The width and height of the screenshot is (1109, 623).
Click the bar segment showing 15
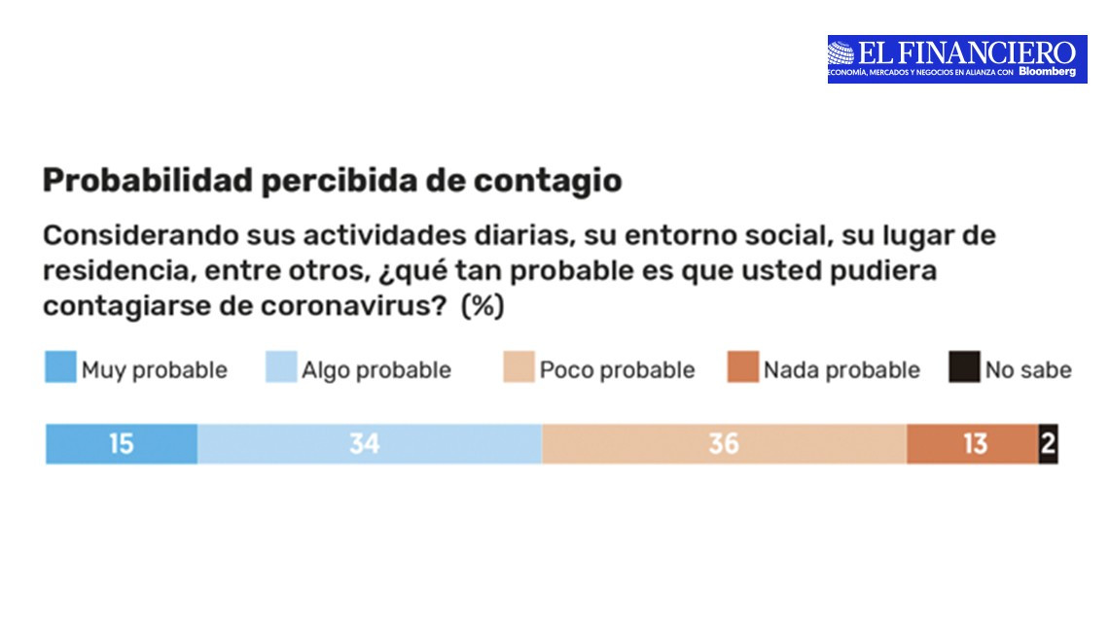[x=122, y=444]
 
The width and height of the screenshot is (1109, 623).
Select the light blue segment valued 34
[x=369, y=444]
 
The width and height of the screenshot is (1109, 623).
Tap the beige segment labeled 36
[x=724, y=444]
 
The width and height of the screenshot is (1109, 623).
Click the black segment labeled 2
[x=1048, y=444]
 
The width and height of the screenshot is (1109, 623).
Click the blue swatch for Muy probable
[x=60, y=369]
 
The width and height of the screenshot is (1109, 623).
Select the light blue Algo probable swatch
[x=281, y=369]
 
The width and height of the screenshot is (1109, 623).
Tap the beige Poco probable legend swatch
[x=519, y=369]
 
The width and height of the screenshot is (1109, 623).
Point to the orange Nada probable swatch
[x=742, y=369]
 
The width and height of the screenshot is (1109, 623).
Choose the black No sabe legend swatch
[x=964, y=369]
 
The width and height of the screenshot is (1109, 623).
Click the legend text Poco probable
[x=617, y=370]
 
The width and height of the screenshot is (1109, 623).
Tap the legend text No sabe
[x=1027, y=370]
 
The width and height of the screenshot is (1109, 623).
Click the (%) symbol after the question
[x=482, y=306]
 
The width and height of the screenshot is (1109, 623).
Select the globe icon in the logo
[x=841, y=52]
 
